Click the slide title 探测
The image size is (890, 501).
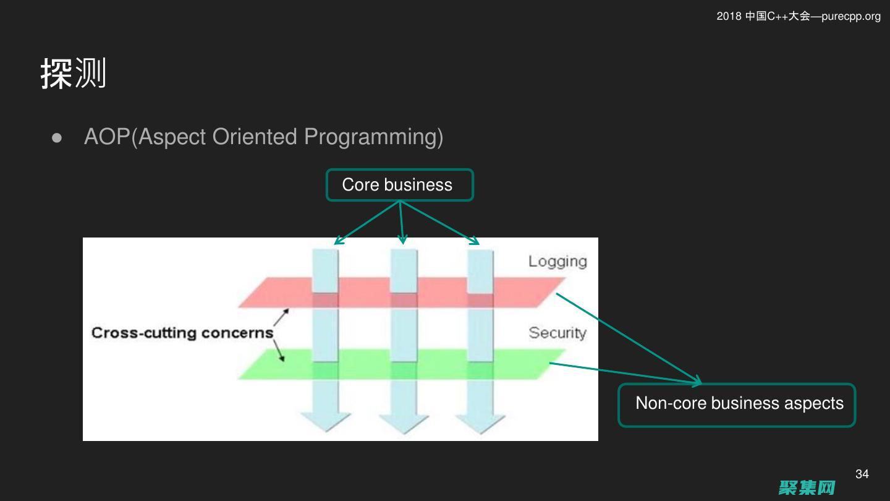[74, 74]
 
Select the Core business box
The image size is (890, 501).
[399, 185]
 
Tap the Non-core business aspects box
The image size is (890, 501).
[737, 405]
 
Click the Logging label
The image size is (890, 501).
[557, 261]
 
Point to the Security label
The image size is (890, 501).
[557, 333]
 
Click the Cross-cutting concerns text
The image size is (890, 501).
[182, 333]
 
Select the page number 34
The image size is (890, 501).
[862, 474]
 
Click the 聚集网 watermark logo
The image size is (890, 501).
[807, 487]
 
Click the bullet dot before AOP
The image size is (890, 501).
[57, 137]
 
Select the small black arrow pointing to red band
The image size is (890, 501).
[281, 318]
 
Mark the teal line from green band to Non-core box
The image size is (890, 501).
[624, 373]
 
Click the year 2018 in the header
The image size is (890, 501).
[729, 16]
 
